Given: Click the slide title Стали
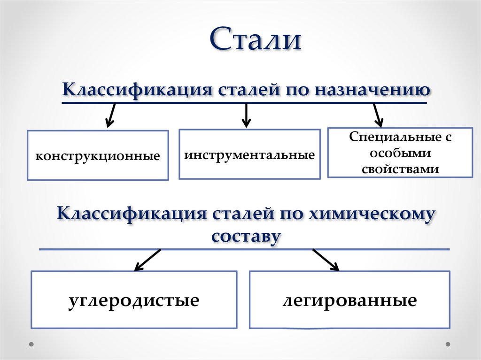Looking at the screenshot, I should (x=255, y=40).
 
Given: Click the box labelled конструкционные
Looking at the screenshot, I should (x=98, y=155).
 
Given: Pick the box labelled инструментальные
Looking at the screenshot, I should (x=249, y=155).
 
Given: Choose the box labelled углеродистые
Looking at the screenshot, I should (x=134, y=300).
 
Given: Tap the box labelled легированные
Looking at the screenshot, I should (x=349, y=300).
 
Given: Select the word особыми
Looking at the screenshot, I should (x=400, y=153).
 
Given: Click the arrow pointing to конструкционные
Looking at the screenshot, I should (x=111, y=115).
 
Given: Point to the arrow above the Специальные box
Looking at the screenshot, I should (x=377, y=115).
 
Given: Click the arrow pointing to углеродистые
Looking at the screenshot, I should (x=147, y=260).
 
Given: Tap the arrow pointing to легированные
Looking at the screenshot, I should (x=326, y=260).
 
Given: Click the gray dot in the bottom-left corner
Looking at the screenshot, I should (x=31, y=344).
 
